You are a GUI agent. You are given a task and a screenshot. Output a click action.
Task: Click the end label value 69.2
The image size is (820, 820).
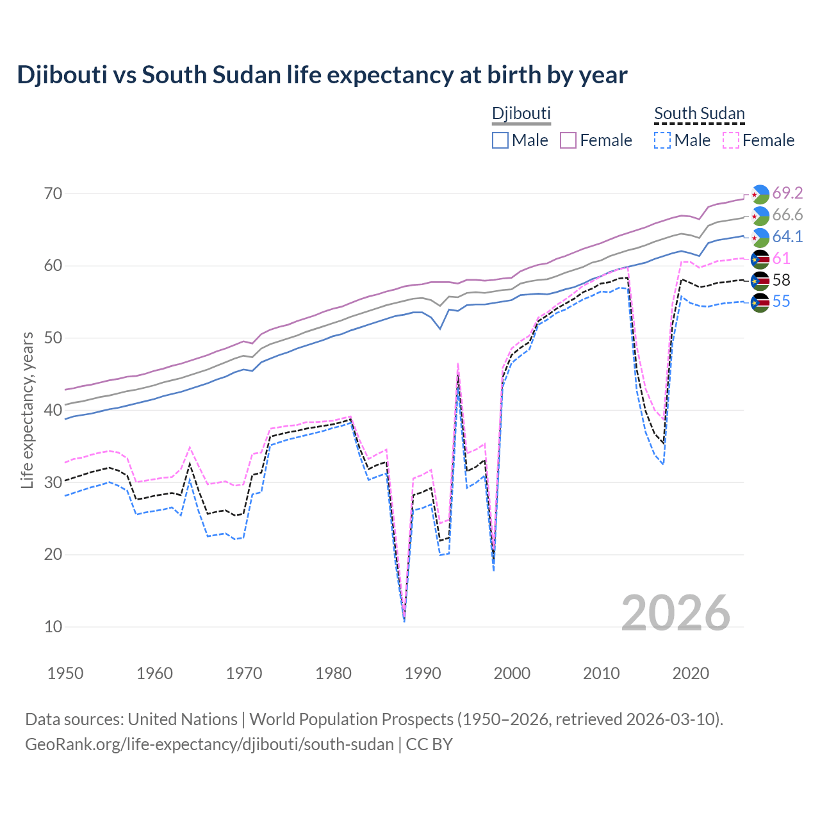pyautogui.click(x=787, y=193)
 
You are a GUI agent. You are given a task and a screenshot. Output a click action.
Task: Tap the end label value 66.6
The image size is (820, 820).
pyautogui.click(x=787, y=215)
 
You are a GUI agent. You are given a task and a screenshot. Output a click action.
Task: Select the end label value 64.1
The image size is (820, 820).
pyautogui.click(x=787, y=236)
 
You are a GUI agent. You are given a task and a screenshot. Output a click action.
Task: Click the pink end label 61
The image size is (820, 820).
pyautogui.click(x=781, y=258)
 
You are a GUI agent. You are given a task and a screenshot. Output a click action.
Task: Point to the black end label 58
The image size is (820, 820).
pyautogui.click(x=781, y=280)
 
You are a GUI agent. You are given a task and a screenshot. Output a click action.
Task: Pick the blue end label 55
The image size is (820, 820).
pyautogui.click(x=781, y=301)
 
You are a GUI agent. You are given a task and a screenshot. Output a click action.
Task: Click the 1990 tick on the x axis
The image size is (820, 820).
pyautogui.click(x=423, y=673)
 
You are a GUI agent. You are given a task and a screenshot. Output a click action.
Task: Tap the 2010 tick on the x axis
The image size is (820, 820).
pyautogui.click(x=601, y=673)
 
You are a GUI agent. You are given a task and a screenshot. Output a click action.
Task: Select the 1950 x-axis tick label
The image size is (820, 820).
pyautogui.click(x=65, y=673)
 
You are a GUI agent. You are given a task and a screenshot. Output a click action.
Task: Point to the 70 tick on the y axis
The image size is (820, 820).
pyautogui.click(x=53, y=193)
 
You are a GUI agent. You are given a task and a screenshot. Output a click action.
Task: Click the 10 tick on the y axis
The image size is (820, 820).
pyautogui.click(x=53, y=627)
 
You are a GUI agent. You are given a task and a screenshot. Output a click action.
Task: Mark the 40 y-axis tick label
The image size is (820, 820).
pyautogui.click(x=53, y=410)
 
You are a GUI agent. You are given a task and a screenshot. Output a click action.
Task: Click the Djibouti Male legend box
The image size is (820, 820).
pyautogui.click(x=500, y=140)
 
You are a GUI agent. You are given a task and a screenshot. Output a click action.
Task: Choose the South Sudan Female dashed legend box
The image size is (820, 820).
pyautogui.click(x=731, y=140)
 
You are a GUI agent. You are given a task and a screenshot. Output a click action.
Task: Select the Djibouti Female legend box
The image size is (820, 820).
pyautogui.click(x=568, y=140)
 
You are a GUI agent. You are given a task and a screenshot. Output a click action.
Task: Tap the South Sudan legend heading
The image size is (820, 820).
pyautogui.click(x=699, y=114)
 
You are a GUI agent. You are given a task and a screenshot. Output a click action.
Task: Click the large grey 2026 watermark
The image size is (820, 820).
pyautogui.click(x=676, y=613)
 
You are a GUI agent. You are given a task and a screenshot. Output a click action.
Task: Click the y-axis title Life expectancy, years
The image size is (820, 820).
pyautogui.click(x=28, y=410)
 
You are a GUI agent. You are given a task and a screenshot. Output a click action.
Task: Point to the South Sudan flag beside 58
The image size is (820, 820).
pyautogui.click(x=760, y=281)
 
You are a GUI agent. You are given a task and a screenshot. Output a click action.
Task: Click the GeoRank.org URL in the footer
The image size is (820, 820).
pyautogui.click(x=209, y=744)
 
